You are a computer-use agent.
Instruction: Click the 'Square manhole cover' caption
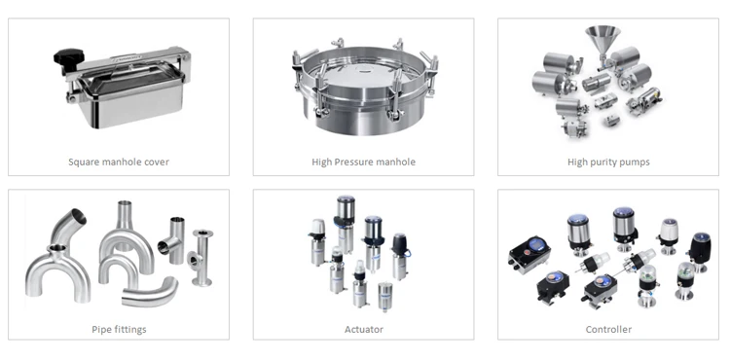[119, 162]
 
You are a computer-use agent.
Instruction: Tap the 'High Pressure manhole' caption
[364, 162]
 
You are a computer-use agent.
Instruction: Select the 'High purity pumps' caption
[608, 162]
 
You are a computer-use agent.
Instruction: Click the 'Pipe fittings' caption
[119, 329]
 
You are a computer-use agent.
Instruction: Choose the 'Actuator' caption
[364, 329]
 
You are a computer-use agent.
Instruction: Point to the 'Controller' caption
[608, 329]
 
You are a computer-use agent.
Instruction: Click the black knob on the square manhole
[69, 57]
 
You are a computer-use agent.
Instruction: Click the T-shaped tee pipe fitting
[172, 240]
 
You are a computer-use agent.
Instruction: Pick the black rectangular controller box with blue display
[529, 254]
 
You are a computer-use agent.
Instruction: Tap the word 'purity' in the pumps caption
[605, 162]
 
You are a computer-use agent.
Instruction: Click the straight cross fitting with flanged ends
[201, 257]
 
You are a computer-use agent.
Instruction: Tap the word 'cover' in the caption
[158, 162]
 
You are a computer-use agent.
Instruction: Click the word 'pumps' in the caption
[637, 162]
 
